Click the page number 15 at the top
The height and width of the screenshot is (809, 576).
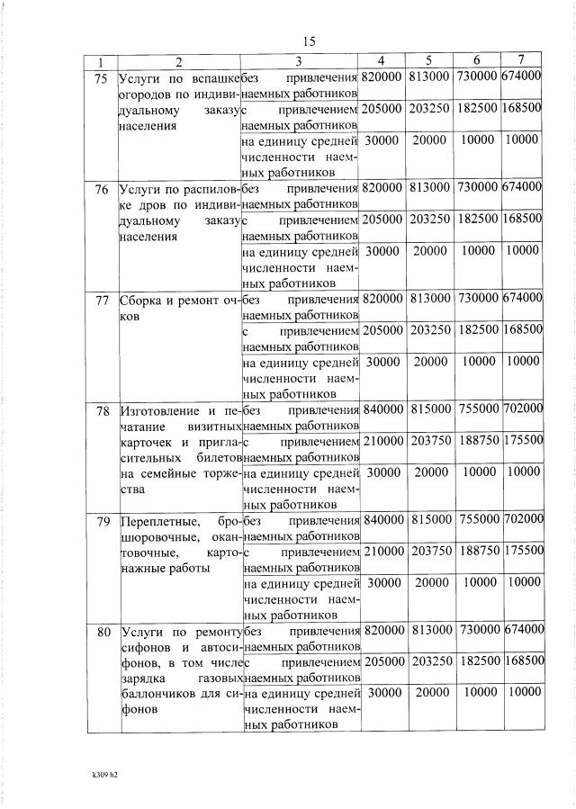[310, 41]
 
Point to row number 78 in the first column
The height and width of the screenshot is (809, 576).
[102, 409]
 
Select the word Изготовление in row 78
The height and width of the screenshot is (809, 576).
[160, 409]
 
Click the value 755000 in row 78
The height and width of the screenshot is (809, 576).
[476, 409]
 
